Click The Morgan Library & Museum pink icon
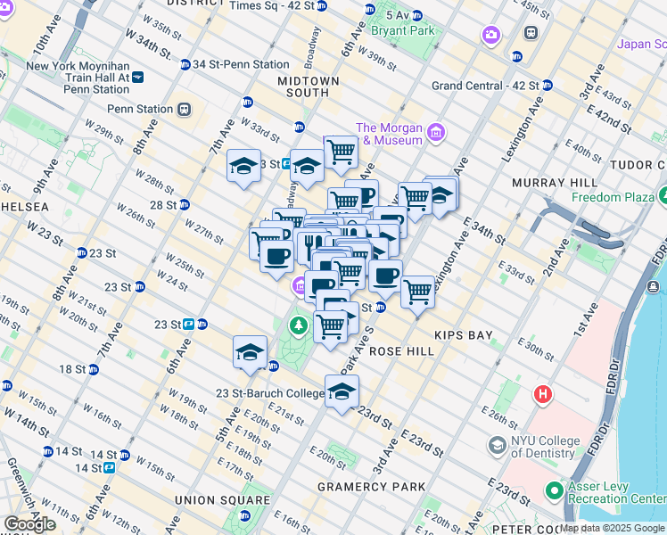click(436, 133)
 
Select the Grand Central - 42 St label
click(484, 86)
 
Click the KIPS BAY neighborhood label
click(463, 335)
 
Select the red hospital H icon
click(541, 393)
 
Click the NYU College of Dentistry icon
click(497, 443)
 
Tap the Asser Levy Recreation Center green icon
click(555, 490)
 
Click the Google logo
click(29, 523)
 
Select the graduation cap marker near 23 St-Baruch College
click(342, 391)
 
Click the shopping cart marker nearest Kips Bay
click(417, 291)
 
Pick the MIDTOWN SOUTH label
click(309, 86)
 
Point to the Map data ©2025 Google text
click(613, 528)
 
